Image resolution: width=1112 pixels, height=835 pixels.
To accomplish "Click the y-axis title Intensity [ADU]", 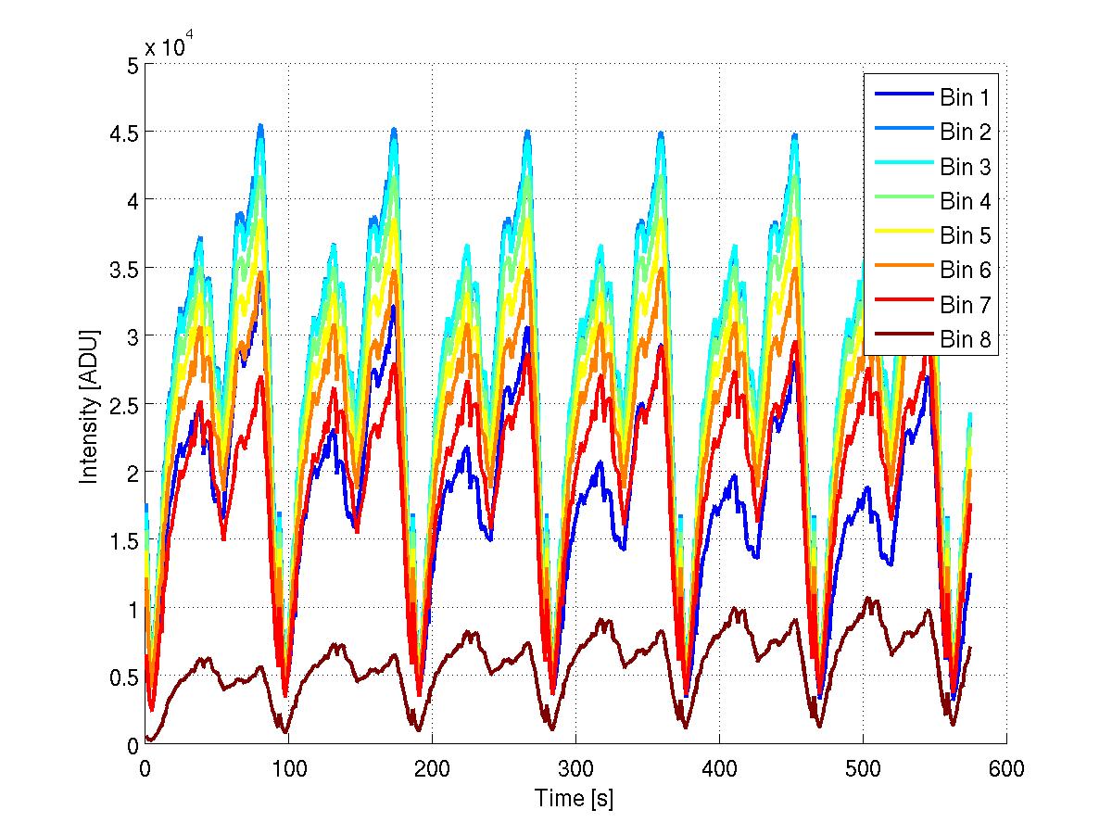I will [x=89, y=404].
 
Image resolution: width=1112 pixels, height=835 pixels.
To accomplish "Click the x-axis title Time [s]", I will [x=574, y=797].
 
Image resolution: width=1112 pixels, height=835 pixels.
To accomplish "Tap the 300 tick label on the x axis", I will [x=575, y=767].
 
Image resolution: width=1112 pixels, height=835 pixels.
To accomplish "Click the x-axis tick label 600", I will [x=1006, y=767].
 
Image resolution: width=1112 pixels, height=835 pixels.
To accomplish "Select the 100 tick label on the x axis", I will [x=288, y=767].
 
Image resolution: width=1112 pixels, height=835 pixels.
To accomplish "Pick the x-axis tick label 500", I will [x=863, y=767].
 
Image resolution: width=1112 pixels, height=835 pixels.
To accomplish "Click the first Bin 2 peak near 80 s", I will [x=260, y=125].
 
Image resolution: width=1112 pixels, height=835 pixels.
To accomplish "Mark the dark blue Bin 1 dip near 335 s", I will [x=625, y=547].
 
